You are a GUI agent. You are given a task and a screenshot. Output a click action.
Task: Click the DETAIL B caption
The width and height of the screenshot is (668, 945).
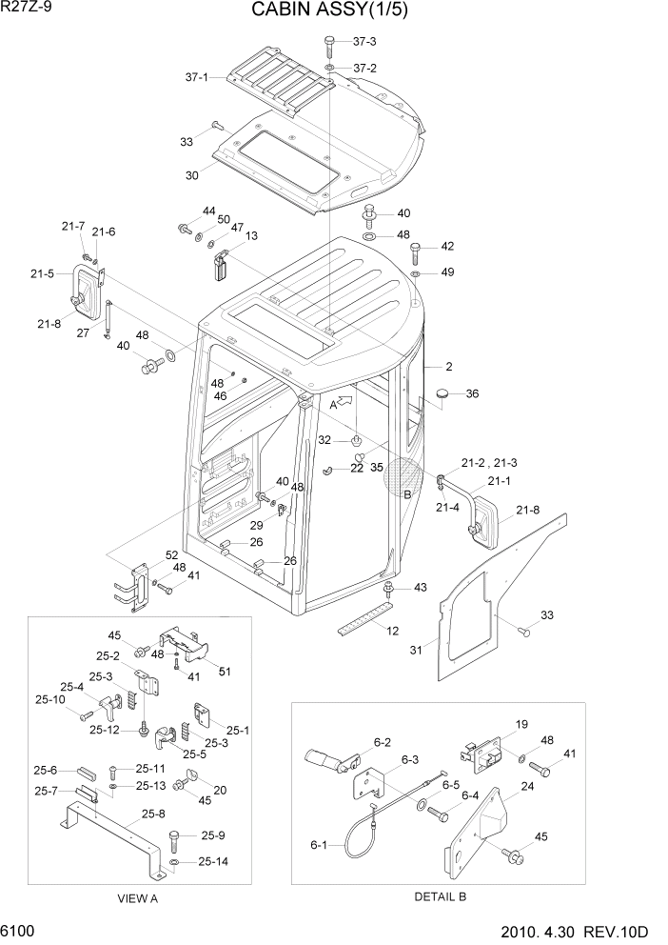439,897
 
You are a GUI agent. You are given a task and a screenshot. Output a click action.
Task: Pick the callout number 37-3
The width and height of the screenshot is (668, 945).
364,42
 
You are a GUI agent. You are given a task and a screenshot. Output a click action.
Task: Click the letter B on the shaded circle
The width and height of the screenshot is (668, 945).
407,494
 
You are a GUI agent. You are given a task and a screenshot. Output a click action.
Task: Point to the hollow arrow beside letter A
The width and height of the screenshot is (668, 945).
349,404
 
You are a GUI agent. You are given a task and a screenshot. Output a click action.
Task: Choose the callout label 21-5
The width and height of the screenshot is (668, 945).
42,273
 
